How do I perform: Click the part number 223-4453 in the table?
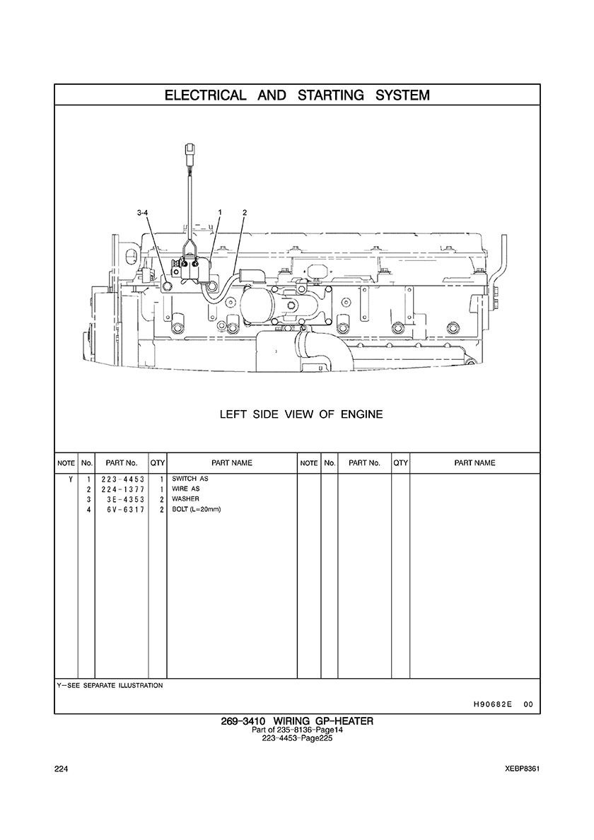121,479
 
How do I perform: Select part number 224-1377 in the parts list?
121,489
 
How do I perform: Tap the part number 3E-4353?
121,499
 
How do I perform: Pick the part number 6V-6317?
121,509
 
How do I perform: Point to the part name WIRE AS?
186,489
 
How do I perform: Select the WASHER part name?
185,499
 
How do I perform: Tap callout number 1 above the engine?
221,212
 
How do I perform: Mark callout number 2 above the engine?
244,212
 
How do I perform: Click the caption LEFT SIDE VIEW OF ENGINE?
301,414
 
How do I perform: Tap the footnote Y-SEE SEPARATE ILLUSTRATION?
110,685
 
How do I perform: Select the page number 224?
60,769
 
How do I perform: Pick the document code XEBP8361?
523,769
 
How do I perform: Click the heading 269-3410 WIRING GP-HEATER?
296,721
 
